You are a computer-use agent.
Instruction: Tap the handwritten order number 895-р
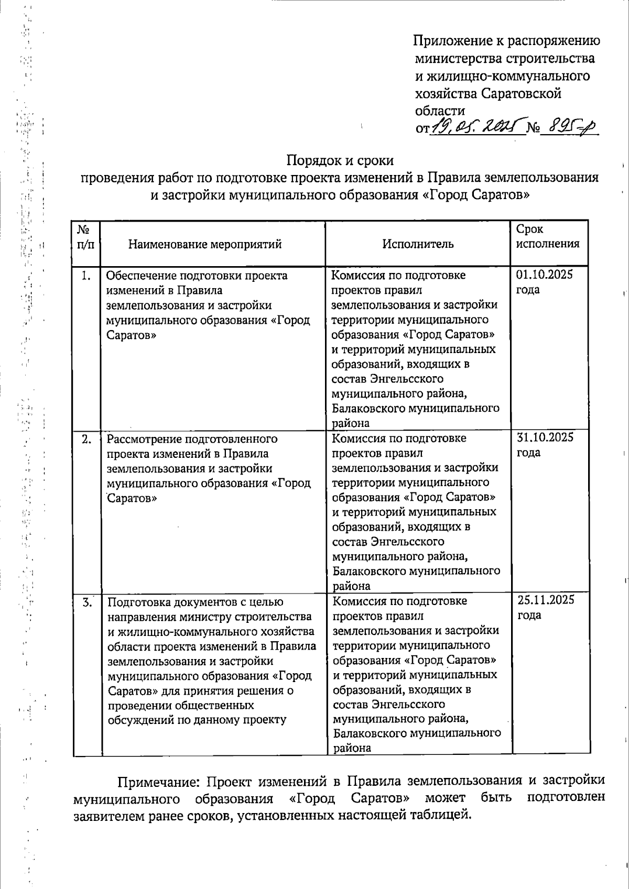pyautogui.click(x=569, y=126)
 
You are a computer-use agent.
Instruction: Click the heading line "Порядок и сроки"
pyautogui.click(x=340, y=159)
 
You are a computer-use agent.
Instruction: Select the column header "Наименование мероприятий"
pyautogui.click(x=205, y=244)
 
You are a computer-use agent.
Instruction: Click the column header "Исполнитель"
pyautogui.click(x=418, y=244)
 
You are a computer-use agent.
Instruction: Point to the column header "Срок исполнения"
pyautogui.click(x=548, y=236)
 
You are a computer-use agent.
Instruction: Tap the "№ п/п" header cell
pyautogui.click(x=86, y=237)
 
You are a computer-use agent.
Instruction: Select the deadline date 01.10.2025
pyautogui.click(x=545, y=275)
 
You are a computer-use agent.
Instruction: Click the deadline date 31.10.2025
pyautogui.click(x=545, y=437)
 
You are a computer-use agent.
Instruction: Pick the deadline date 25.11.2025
pyautogui.click(x=546, y=600)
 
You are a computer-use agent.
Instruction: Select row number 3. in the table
pyautogui.click(x=88, y=602)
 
